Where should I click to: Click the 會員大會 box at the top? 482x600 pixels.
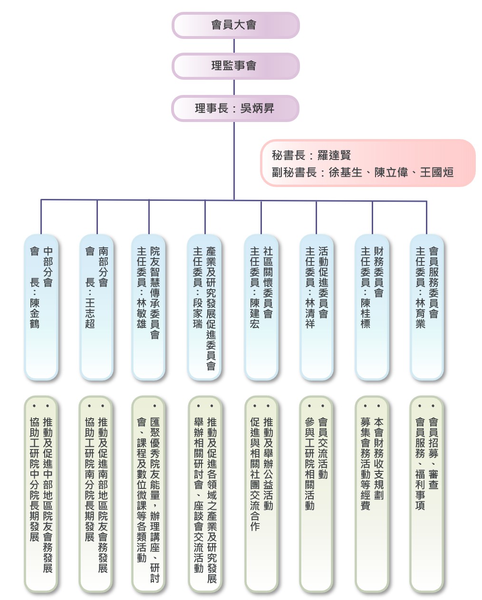point(235,25)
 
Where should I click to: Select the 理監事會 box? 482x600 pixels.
point(235,66)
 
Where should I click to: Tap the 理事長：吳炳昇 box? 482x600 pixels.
point(235,108)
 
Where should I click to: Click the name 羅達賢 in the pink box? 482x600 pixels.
point(334,155)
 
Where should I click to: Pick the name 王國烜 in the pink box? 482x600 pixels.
point(436,172)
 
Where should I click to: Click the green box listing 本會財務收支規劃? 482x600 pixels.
point(372,494)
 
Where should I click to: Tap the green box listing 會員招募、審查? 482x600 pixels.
point(427,494)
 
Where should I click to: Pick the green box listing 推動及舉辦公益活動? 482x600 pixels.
point(261,494)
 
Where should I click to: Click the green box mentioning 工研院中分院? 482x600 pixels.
point(41,494)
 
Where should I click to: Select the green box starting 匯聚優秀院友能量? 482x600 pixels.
point(148,494)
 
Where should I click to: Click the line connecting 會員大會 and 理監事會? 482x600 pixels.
point(234,46)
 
